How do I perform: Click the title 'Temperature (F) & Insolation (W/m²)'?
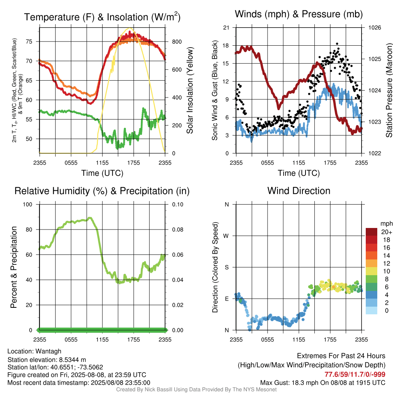point(102,17)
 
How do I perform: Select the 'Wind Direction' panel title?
point(299,191)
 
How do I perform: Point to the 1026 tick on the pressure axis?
point(375,28)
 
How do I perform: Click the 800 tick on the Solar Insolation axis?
point(177,41)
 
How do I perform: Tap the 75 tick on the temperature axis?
point(29,41)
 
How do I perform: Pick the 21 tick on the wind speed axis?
point(226,28)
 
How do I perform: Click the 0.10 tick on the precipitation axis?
point(178,205)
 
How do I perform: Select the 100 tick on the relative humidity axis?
point(28,205)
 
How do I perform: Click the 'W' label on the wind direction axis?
point(226,236)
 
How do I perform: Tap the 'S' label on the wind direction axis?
point(226,268)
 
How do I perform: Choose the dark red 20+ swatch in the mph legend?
point(372,232)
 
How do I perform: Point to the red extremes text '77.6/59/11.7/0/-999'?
point(355,375)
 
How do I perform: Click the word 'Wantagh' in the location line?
point(48,352)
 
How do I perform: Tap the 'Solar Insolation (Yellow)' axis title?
point(190,90)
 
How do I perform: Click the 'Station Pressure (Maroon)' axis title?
point(389,90)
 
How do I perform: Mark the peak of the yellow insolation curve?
point(129,28)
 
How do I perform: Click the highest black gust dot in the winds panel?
point(337,44)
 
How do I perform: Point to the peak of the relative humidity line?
point(90,218)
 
